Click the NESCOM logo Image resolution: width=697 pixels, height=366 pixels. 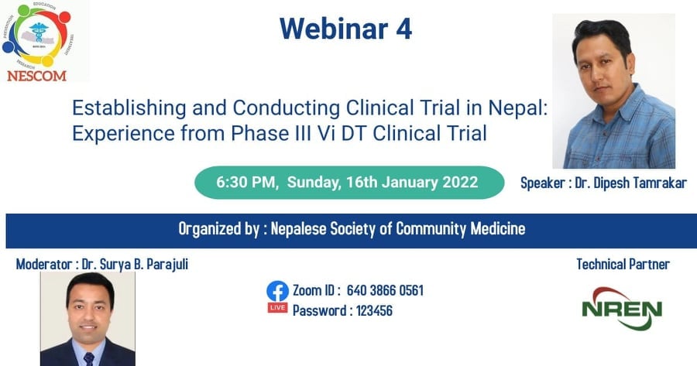pos(37,42)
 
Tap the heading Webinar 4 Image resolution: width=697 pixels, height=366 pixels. pos(346,29)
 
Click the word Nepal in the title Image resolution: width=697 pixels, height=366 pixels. pos(518,108)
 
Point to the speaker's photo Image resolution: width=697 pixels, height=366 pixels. pos(614,91)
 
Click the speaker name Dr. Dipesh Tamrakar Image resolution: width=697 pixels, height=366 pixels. pos(630,183)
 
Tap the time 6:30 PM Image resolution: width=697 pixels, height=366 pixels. pos(245,182)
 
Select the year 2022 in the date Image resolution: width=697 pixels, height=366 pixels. pos(460,182)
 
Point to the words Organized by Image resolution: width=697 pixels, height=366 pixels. pos(218,229)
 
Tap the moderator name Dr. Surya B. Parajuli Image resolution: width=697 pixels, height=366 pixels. pos(135,265)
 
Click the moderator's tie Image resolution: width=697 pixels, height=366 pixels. pos(89,359)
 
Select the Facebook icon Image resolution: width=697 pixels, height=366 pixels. pos(277,291)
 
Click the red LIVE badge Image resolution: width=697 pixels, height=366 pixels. pos(277,307)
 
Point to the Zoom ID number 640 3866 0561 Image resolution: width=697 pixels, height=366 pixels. pos(385,290)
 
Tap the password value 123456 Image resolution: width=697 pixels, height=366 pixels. pos(374,310)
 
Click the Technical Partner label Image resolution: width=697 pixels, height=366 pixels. pos(623,265)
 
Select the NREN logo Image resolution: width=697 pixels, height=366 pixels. pos(622,308)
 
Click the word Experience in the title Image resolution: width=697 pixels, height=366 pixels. pos(123,133)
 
